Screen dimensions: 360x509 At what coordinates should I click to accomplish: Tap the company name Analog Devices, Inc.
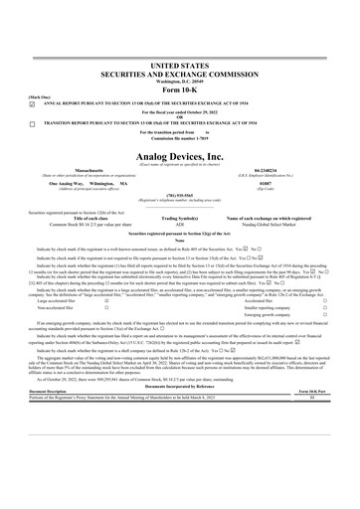(179, 156)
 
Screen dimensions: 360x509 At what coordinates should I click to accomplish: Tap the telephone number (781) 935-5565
(179, 196)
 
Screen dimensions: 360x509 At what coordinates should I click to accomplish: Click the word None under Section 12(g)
(179, 240)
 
